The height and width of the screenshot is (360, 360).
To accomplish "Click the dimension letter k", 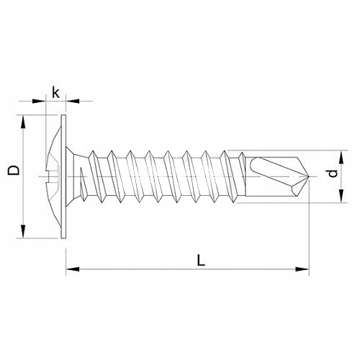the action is [x=55, y=93].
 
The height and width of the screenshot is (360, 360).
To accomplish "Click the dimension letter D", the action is [x=14, y=170].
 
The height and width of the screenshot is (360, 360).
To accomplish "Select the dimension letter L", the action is [x=201, y=261].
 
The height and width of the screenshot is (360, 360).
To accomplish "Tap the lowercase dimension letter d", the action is [x=333, y=174].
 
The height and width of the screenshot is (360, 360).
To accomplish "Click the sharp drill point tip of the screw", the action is [x=309, y=176].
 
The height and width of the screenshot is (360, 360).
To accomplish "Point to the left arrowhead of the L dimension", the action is [x=73, y=269].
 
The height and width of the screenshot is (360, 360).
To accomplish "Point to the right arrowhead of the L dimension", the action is [x=302, y=269].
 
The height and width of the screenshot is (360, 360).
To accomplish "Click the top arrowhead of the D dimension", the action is [x=23, y=122].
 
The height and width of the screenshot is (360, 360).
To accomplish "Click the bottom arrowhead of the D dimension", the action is [x=23, y=231].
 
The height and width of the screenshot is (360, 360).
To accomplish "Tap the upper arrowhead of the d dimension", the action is [x=341, y=157].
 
